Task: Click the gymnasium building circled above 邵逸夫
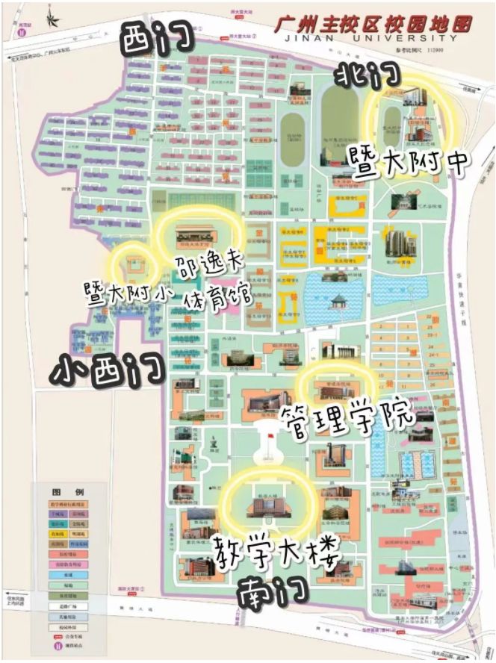click(195, 231)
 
